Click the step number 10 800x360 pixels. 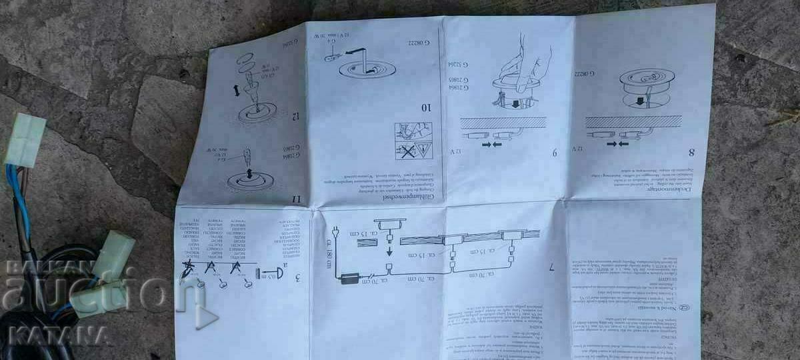point(425,107)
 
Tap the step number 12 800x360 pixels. point(293,116)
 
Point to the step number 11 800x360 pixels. point(296,198)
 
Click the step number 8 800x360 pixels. point(691,151)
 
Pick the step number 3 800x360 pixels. point(296,277)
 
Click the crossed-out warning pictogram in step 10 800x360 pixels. point(405,151)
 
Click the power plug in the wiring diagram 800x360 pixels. point(337,234)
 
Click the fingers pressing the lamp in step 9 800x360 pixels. point(524,69)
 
